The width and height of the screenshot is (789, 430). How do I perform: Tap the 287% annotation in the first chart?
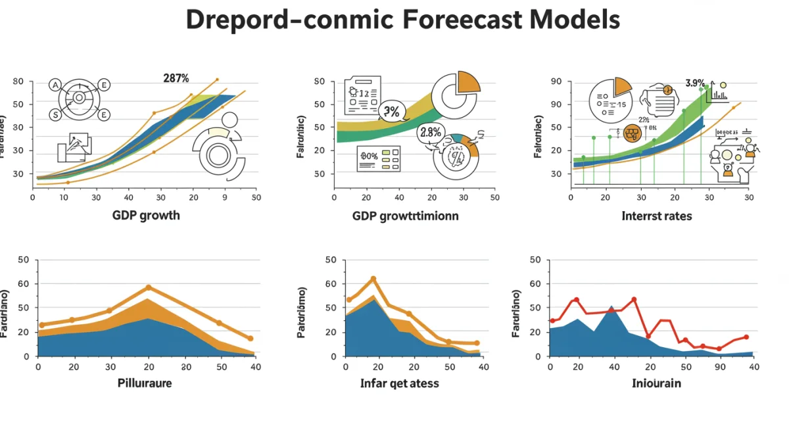(x=176, y=78)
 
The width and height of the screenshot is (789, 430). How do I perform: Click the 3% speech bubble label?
(x=391, y=112)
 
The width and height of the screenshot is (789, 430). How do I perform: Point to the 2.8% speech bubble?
(x=430, y=132)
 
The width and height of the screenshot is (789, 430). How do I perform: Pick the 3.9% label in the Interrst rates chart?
(x=694, y=83)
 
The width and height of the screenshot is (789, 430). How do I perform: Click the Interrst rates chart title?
(x=656, y=215)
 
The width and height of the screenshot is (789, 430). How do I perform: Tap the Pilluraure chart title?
(x=145, y=383)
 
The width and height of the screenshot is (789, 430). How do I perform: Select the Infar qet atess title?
(x=399, y=383)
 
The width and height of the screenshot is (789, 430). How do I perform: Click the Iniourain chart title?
(x=656, y=383)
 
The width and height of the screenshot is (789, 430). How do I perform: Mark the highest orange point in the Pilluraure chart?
(x=149, y=288)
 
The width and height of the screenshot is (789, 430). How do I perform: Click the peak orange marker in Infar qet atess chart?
(x=373, y=279)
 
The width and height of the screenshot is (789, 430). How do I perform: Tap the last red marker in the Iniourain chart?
(x=746, y=337)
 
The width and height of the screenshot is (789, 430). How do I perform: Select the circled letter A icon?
(x=55, y=85)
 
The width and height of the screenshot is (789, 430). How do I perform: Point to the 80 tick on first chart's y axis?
(x=18, y=82)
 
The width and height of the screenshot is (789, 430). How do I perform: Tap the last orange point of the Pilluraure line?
(x=251, y=339)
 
